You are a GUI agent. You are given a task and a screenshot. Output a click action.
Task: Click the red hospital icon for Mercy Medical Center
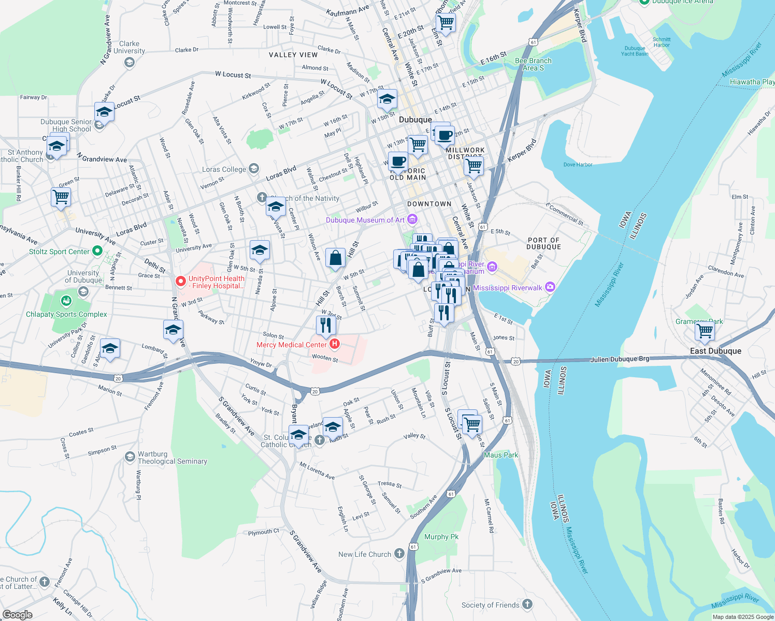pos(335,344)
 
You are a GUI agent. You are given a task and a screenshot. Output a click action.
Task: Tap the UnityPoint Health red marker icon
pos(181,282)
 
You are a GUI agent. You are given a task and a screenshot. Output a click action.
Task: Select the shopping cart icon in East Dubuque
pos(705,331)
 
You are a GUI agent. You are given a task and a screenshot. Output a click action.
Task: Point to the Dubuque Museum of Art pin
pos(412,220)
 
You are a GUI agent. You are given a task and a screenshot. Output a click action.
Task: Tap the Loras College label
pos(224,169)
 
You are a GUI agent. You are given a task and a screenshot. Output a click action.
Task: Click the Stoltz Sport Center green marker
pos(97,252)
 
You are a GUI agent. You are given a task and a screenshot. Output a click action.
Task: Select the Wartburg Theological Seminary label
pos(172,457)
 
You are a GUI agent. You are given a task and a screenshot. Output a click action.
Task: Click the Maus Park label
pos(500,455)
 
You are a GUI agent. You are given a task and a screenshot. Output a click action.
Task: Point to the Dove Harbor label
pos(578,165)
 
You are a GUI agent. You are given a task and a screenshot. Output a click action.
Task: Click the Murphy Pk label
pos(441,537)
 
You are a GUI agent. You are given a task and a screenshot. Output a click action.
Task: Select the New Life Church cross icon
pos(399,554)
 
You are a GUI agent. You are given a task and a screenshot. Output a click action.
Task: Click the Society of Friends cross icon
pos(527,604)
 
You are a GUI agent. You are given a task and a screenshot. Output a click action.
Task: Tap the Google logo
pos(17,614)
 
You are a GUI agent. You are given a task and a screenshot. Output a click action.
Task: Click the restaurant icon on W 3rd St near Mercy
pos(326,325)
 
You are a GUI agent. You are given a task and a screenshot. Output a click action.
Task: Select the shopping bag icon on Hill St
pos(335,258)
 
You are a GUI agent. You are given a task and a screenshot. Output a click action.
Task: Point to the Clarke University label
pos(129,47)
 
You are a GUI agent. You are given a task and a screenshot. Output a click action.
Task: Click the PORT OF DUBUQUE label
pos(544,243)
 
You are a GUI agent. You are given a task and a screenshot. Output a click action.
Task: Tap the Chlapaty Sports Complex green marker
pos(66,301)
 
